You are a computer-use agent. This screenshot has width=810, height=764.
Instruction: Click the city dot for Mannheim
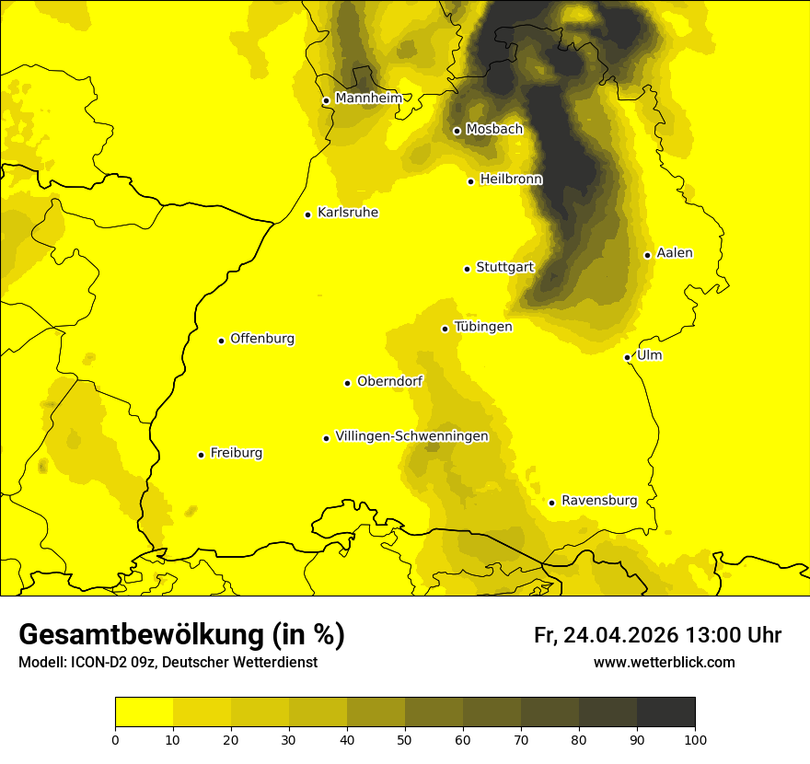(x=326, y=101)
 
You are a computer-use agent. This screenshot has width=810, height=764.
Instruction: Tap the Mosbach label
(x=494, y=130)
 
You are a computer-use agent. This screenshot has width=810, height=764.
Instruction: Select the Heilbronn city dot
(x=470, y=181)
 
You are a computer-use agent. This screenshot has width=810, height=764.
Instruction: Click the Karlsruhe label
(x=348, y=213)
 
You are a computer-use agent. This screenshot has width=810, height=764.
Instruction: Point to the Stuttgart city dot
(x=467, y=269)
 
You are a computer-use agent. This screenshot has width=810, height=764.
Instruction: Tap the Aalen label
(x=675, y=253)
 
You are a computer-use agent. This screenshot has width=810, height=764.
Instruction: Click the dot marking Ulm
(x=627, y=357)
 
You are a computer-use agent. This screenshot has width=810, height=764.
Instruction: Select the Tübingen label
(x=483, y=327)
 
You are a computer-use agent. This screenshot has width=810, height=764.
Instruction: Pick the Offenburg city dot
(x=221, y=341)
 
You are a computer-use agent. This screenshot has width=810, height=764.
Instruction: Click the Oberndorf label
(x=390, y=381)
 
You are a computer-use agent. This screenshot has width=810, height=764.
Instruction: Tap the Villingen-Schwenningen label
(x=412, y=436)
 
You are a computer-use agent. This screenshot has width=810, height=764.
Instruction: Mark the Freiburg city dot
(x=201, y=455)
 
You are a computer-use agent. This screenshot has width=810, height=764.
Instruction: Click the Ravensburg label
(x=599, y=501)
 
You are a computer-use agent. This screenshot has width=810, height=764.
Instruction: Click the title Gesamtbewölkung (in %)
(x=181, y=635)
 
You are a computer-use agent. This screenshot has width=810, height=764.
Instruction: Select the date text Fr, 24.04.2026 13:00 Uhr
(x=657, y=635)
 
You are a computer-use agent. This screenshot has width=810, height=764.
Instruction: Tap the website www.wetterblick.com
(x=664, y=663)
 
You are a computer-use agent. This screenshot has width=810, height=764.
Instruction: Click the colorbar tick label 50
(x=405, y=739)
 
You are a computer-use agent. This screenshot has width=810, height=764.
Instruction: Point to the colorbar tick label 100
(x=695, y=739)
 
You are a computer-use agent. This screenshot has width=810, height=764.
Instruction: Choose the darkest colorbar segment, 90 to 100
(x=665, y=712)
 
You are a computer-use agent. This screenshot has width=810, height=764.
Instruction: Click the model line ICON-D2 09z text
(x=168, y=663)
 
